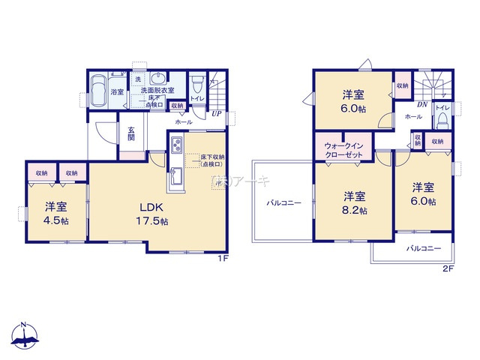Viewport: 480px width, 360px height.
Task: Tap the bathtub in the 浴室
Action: (98, 91)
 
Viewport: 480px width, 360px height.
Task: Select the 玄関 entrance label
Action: (130, 133)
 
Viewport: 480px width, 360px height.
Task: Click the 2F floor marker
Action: (448, 268)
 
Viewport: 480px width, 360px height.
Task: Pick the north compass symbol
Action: (24, 337)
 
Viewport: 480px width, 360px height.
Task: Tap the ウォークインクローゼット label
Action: (343, 148)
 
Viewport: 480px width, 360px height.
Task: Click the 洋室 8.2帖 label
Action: (355, 203)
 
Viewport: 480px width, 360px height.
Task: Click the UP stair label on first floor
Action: (216, 114)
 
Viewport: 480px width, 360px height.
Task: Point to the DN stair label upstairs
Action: (422, 104)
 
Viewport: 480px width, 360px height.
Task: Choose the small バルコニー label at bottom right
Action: (424, 247)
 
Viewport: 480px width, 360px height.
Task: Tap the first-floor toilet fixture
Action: (197, 84)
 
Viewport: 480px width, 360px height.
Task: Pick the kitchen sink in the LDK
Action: (175, 178)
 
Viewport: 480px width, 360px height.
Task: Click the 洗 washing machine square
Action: (137, 78)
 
